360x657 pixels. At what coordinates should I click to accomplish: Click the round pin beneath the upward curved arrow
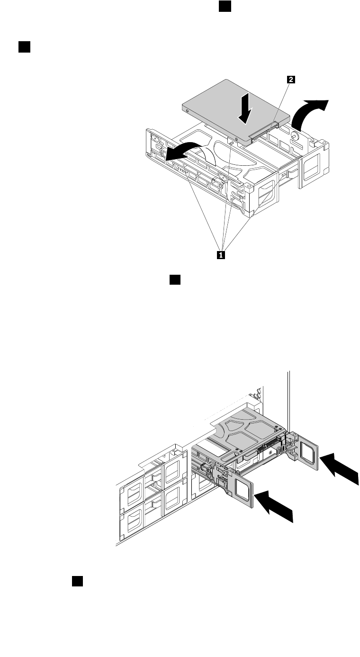[295, 135]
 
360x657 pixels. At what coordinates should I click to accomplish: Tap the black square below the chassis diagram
[78, 581]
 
